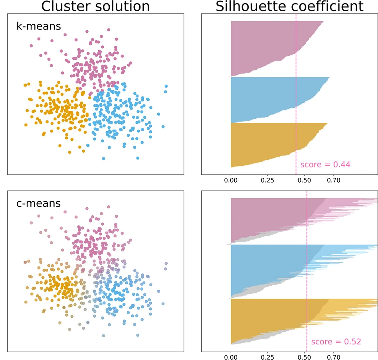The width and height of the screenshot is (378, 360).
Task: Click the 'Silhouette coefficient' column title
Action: (x=290, y=6)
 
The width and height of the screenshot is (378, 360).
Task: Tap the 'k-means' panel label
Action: (x=38, y=27)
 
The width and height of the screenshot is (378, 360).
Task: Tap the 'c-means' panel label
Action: (x=38, y=203)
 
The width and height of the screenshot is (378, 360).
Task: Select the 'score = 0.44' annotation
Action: (x=325, y=164)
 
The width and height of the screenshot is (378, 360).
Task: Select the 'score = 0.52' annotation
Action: (x=336, y=342)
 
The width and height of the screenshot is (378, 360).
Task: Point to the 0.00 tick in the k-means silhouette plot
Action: (x=231, y=180)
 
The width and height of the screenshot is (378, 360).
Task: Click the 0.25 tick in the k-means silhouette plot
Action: (x=267, y=180)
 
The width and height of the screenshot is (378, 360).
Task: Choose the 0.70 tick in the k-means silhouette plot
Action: (x=333, y=180)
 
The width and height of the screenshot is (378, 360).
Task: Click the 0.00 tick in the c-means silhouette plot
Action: (x=231, y=354)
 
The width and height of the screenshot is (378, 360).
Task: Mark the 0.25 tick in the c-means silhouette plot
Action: (x=267, y=354)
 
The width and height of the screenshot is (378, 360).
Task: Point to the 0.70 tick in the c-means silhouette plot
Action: (x=333, y=354)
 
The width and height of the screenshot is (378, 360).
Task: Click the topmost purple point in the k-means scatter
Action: (x=108, y=30)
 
